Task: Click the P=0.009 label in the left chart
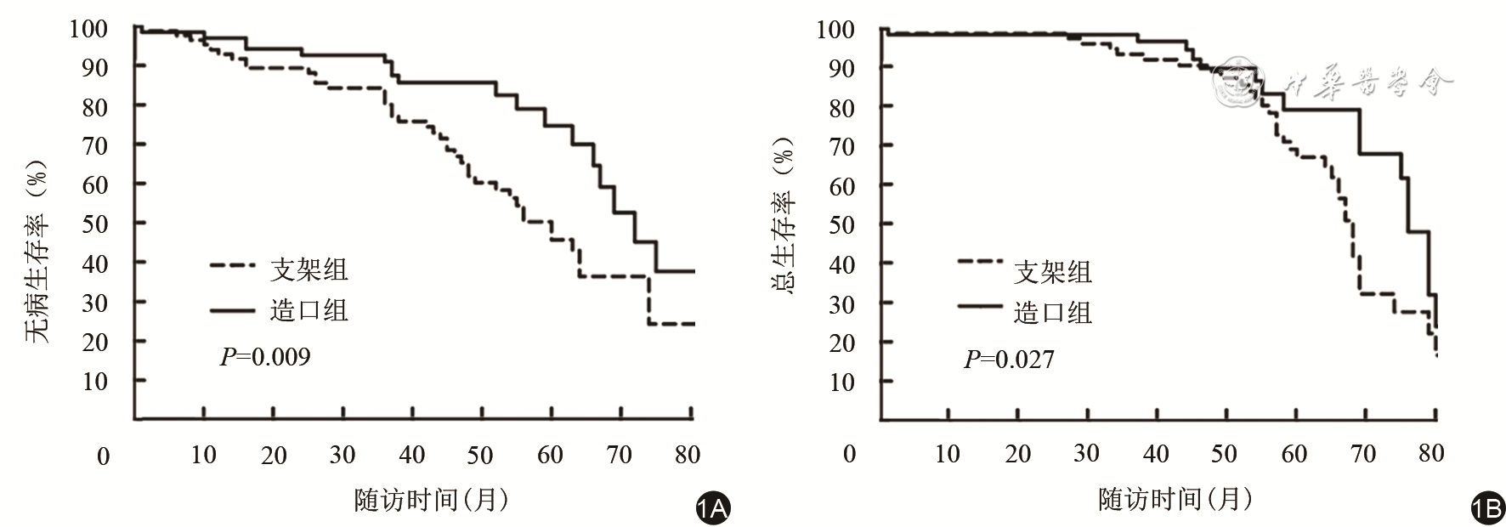coord(265,356)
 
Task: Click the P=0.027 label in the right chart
coord(1009,360)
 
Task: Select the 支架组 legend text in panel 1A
coord(309,269)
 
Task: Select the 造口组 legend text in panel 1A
coord(309,309)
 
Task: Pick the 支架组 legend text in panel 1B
coord(1053,272)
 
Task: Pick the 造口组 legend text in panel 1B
coord(1053,313)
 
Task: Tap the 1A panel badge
coord(712,508)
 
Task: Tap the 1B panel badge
coord(1487,508)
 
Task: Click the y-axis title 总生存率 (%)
coord(783,216)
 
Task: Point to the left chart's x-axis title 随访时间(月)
coord(432,500)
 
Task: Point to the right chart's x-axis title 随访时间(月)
coord(1175,500)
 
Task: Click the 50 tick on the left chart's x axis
coord(480,455)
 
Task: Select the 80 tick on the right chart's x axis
coord(1431,453)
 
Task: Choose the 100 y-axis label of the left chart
coord(88,28)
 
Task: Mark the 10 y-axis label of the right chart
coord(841,382)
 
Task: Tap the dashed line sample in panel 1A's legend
coord(232,265)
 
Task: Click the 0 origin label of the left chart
coord(103,456)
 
